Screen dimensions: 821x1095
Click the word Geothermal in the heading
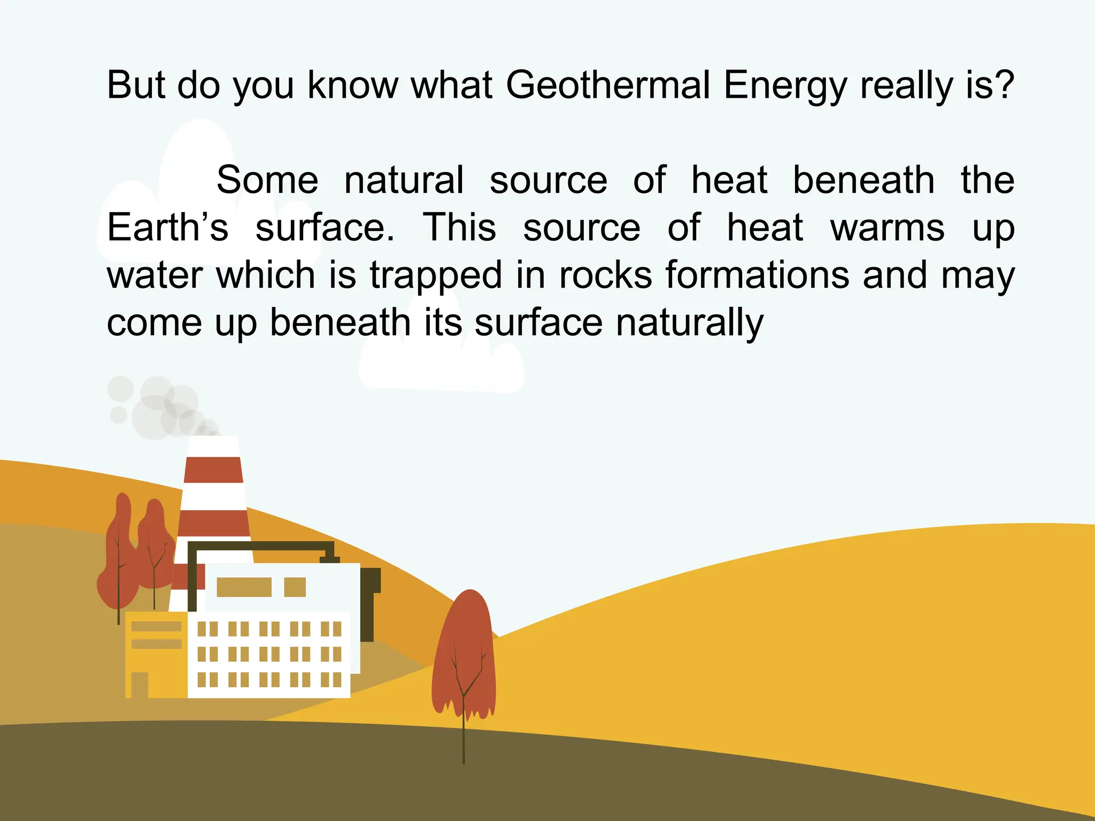608,86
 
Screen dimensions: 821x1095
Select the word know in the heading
353,86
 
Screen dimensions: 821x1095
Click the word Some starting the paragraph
267,180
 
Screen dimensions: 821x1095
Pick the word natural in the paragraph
404,180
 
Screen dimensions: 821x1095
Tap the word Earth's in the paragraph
167,228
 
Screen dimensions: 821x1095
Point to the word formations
757,275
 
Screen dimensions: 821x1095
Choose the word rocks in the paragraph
605,275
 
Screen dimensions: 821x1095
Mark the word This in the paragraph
459,228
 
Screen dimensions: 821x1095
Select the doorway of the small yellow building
140,685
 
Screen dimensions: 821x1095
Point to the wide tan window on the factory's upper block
244,587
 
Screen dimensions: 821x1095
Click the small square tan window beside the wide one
295,587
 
